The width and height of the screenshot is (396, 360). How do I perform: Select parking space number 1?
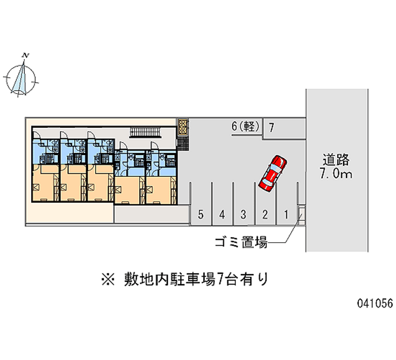coord(286,214)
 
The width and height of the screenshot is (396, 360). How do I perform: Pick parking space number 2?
coord(265,214)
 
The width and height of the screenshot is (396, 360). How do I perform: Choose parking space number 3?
coord(244,214)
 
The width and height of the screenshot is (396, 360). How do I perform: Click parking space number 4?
coord(223,214)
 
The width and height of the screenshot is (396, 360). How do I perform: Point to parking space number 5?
coord(200,214)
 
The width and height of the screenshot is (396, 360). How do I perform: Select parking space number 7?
coord(271,127)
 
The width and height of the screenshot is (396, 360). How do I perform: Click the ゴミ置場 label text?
coord(241,243)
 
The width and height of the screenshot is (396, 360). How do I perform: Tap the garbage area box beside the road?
coord(301,214)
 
